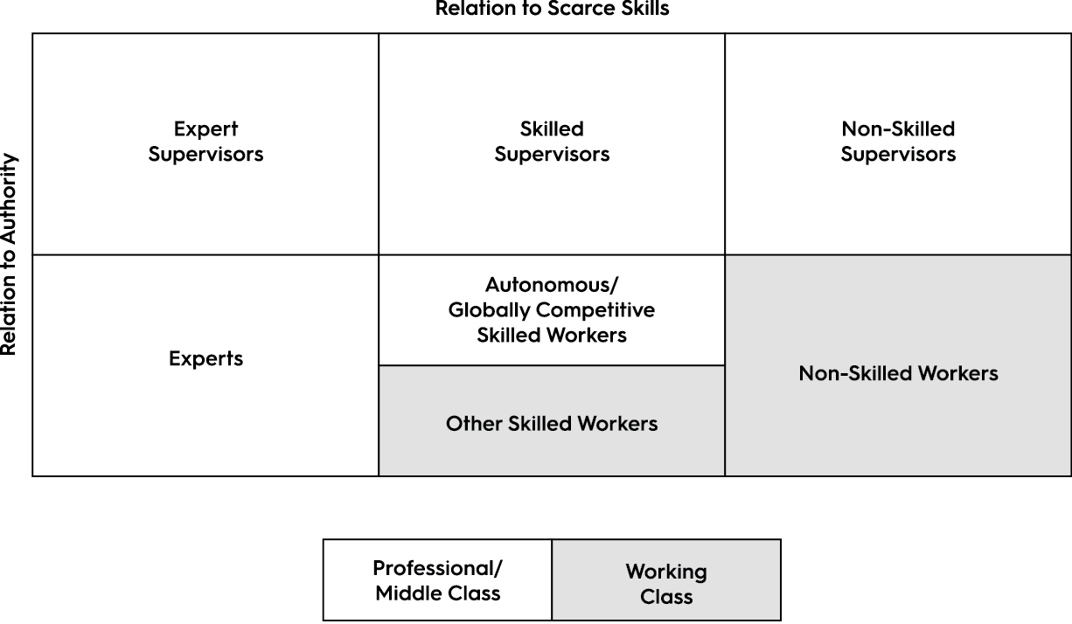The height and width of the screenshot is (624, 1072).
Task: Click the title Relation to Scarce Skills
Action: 552,9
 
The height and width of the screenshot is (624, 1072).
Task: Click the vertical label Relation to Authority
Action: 9,254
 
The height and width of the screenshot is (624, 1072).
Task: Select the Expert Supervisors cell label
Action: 205,142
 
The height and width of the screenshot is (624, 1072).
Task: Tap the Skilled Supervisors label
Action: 552,142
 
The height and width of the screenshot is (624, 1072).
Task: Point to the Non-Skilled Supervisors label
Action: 898,142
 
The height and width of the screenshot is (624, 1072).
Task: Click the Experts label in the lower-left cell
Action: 205,358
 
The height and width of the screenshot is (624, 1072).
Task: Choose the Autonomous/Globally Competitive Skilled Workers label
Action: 552,309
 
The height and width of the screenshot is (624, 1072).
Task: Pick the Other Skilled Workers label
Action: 552,424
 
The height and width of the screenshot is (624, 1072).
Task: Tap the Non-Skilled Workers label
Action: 898,373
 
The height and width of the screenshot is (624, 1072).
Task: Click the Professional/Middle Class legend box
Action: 437,580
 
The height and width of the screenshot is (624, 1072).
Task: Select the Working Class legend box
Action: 666,584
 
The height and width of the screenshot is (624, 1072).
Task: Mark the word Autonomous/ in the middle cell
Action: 552,285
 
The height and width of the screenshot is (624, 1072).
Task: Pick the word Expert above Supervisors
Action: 205,129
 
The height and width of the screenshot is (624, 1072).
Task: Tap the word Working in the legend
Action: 666,572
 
